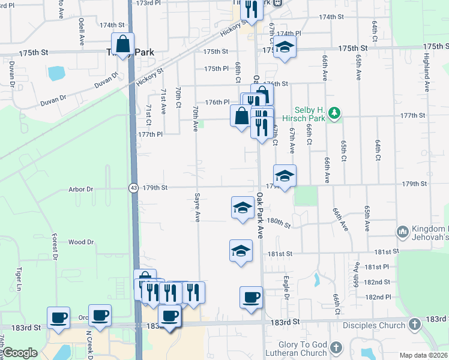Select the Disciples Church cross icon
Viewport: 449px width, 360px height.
[x=414, y=325]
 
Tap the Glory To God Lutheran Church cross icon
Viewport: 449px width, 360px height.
[x=336, y=347]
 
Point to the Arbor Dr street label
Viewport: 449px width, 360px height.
[x=81, y=189]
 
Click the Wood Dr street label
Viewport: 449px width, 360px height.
[x=81, y=242]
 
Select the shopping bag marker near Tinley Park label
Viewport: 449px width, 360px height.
[x=122, y=44]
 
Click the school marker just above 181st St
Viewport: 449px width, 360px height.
[x=241, y=251]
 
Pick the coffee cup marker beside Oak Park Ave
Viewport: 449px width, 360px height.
[x=251, y=297]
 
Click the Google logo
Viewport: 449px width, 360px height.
[x=20, y=353]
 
